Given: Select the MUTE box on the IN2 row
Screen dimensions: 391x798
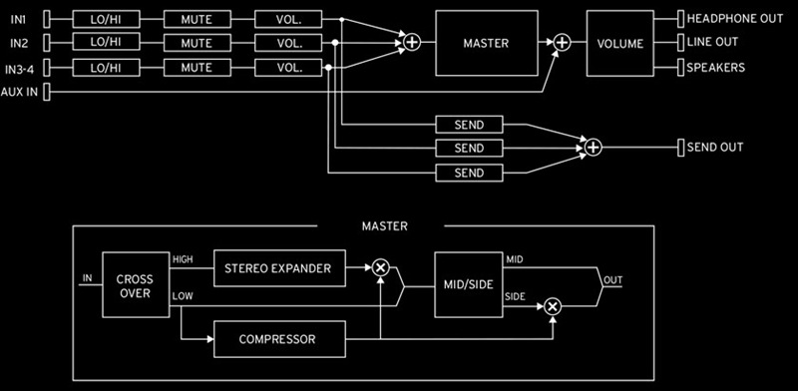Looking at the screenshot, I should tap(197, 43).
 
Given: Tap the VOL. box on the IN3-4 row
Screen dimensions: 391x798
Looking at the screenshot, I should tap(289, 67).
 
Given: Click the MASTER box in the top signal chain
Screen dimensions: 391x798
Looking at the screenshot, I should tap(486, 43).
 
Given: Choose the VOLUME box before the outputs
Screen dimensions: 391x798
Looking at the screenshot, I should tap(620, 43).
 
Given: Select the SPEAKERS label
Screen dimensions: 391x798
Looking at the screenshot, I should tap(715, 68).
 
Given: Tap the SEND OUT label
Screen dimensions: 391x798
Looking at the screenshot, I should tap(715, 148).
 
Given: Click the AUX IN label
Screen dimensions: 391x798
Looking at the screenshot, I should tap(19, 92).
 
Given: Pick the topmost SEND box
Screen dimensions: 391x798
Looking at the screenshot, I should tap(468, 125).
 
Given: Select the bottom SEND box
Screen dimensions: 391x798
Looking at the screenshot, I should tap(468, 173).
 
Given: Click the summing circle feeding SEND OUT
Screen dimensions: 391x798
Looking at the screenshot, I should tap(594, 148).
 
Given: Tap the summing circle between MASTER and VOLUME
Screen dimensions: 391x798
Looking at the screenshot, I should tap(562, 42).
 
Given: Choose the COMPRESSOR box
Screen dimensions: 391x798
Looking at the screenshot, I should tap(277, 339).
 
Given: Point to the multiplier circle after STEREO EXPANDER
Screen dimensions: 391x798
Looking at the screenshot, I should tap(380, 267).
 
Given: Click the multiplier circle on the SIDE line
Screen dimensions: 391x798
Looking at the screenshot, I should tap(553, 305).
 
